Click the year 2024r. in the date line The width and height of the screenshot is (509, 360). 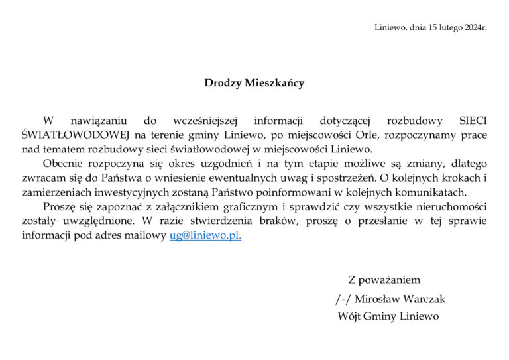click(x=474, y=28)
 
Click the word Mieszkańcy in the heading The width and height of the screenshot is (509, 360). click(x=274, y=84)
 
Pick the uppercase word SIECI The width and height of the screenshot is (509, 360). click(x=473, y=121)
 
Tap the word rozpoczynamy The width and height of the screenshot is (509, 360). click(x=408, y=135)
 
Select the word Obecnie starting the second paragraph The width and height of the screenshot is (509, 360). click(x=64, y=164)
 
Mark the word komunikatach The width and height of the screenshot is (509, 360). click(x=433, y=192)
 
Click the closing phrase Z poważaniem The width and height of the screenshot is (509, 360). click(x=384, y=280)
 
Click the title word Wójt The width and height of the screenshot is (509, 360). click(x=349, y=316)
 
